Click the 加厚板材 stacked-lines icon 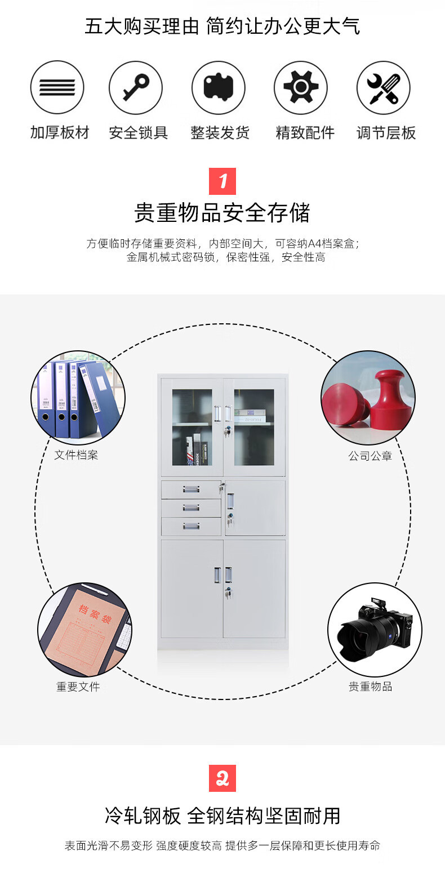[57, 87]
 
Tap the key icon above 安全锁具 [136, 87]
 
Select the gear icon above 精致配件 [301, 87]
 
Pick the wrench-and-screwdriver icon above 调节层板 [383, 87]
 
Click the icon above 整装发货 [219, 87]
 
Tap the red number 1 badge [222, 181]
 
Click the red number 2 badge [222, 778]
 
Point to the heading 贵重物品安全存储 [222, 213]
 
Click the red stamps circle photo [368, 398]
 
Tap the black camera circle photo [375, 629]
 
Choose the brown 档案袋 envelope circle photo [84, 629]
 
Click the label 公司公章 [370, 456]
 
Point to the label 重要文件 [78, 687]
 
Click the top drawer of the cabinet [191, 489]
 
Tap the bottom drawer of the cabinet [191, 526]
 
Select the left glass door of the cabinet [192, 427]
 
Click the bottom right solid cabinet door [255, 589]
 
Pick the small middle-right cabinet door [255, 507]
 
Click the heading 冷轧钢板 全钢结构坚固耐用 [222, 815]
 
